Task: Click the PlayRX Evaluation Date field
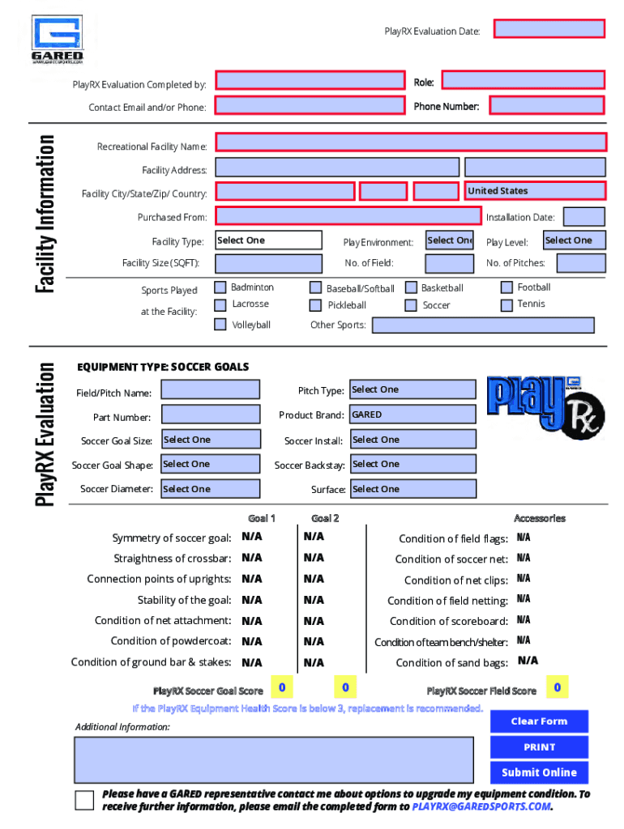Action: coord(549,29)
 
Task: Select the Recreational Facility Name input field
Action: coord(410,142)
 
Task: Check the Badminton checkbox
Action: coord(220,287)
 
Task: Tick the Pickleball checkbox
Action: coord(316,305)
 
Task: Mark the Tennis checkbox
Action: coord(506,304)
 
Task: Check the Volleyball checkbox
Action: coord(220,324)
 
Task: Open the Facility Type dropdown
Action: coord(268,240)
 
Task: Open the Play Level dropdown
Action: coord(574,240)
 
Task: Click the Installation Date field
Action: coord(583,217)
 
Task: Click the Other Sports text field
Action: coord(482,325)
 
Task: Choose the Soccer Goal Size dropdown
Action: coord(211,440)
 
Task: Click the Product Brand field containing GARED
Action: coord(412,414)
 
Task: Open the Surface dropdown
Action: coord(412,489)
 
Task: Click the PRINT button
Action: coord(539,747)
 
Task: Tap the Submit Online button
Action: coord(539,772)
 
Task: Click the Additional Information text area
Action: coord(274,759)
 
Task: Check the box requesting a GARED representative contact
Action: coord(84,801)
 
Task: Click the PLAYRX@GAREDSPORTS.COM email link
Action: coord(481,807)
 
